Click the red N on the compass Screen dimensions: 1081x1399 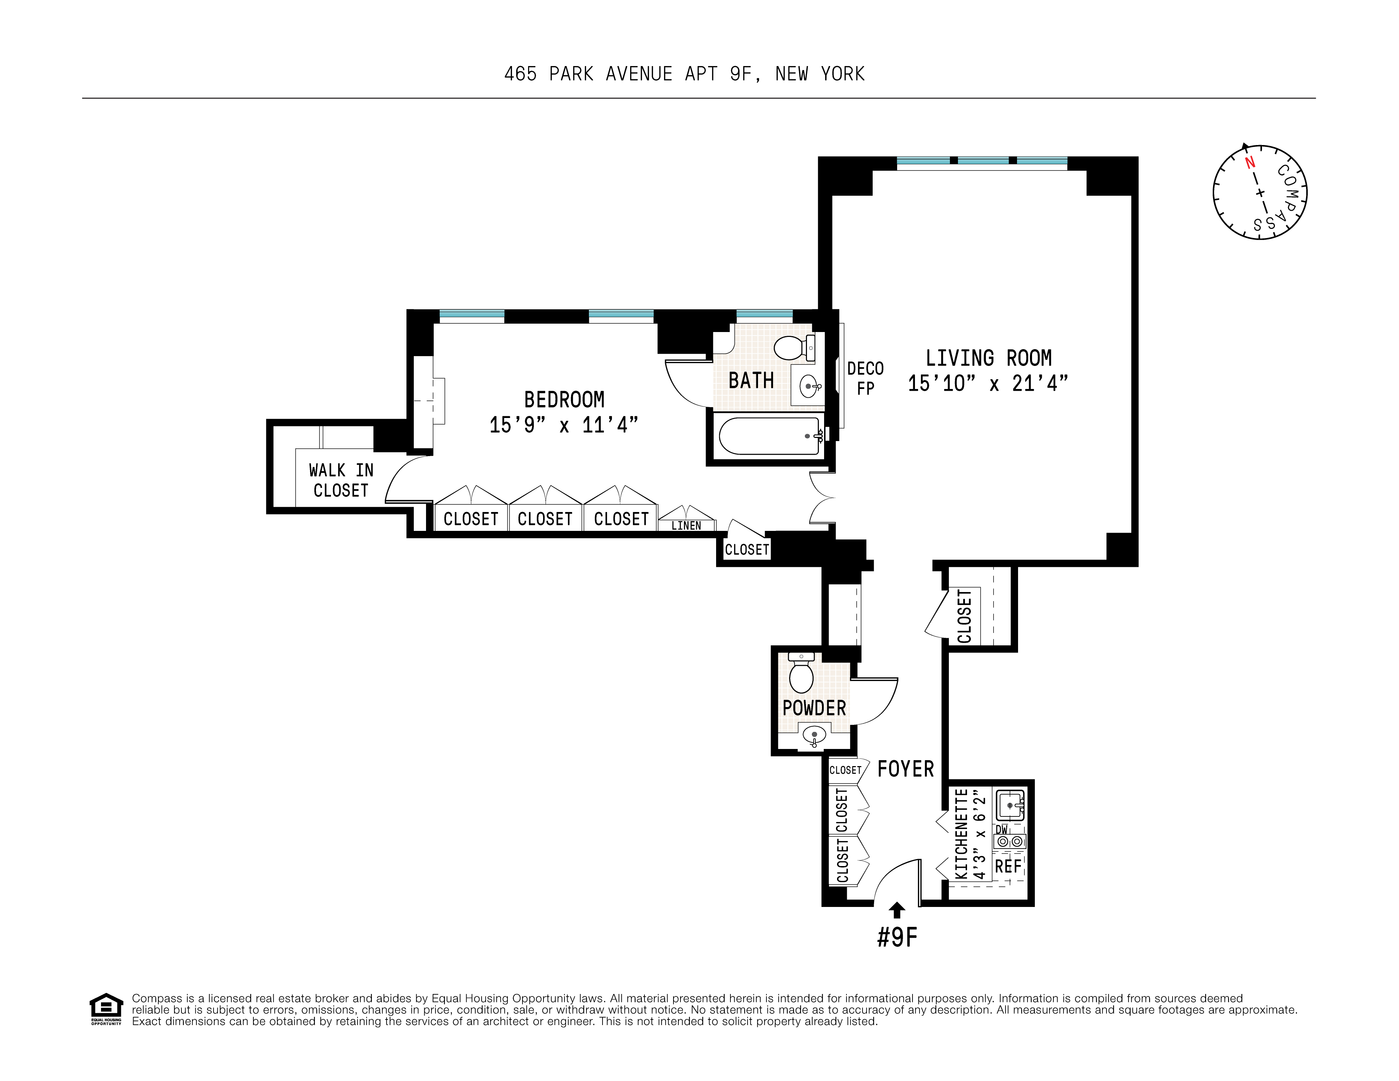click(x=1249, y=163)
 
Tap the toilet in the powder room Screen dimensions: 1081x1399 click(x=801, y=676)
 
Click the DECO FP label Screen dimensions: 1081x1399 click(x=865, y=378)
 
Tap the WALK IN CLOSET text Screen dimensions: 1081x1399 click(x=341, y=480)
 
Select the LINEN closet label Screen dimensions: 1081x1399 click(x=686, y=526)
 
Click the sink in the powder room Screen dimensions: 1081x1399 click(x=814, y=735)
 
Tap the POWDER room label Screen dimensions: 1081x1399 click(x=814, y=708)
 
